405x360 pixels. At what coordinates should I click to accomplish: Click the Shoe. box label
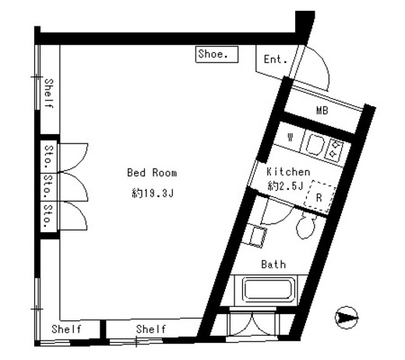[x=213, y=54]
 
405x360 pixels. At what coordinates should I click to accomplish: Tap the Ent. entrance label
[x=276, y=59]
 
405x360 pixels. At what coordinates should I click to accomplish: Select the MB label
[x=322, y=111]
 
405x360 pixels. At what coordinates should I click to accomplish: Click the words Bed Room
[x=152, y=173]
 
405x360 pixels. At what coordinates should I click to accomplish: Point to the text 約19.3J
[x=153, y=193]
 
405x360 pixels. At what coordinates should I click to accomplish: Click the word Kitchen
[x=288, y=171]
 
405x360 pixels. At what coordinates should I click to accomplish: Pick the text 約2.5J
[x=285, y=186]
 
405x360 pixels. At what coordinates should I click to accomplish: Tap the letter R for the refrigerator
[x=319, y=198]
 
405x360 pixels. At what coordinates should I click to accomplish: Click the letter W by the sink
[x=291, y=137]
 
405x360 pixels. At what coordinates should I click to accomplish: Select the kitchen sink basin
[x=315, y=146]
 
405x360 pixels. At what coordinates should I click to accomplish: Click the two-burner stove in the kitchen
[x=335, y=150]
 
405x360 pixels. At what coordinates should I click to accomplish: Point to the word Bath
[x=273, y=264]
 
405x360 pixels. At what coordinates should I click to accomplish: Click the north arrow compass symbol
[x=346, y=317]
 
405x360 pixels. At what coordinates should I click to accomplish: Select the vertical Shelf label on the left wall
[x=49, y=94]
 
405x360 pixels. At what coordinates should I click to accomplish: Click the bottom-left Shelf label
[x=66, y=329]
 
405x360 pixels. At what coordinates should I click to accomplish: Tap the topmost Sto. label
[x=48, y=157]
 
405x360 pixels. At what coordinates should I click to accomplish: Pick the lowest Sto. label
[x=48, y=216]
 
